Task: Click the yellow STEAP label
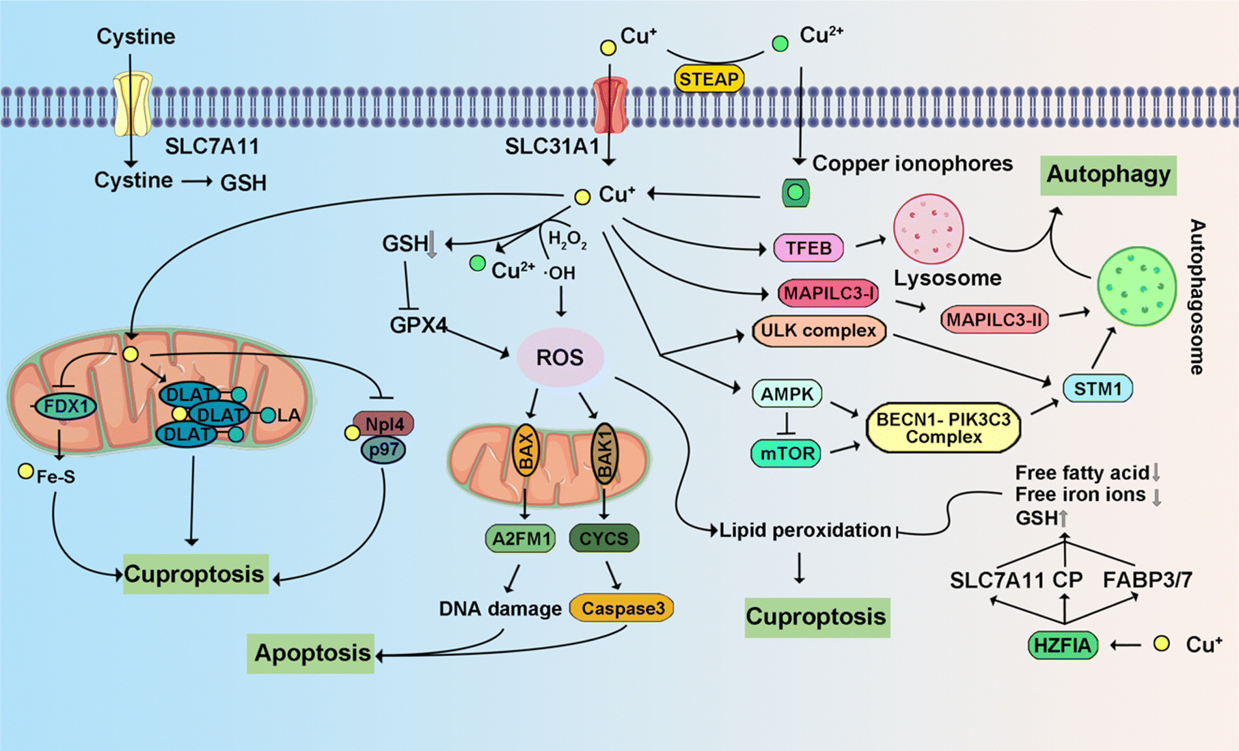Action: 709,79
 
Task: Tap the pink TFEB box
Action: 808,247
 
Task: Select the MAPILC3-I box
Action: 828,294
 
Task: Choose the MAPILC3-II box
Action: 994,319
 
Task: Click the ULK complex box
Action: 819,331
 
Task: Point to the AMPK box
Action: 787,394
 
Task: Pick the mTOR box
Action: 786,453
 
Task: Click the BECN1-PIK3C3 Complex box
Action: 943,428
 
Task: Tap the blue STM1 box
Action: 1098,389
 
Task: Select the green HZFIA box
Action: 1063,644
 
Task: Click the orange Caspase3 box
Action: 623,608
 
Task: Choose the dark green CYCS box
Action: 603,538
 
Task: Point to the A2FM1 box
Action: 521,538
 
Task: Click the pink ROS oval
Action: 560,357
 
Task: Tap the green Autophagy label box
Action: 1108,175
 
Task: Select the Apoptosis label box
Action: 311,653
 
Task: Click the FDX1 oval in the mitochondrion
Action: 66,407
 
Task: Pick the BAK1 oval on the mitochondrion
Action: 605,453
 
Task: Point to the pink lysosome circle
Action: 929,229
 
